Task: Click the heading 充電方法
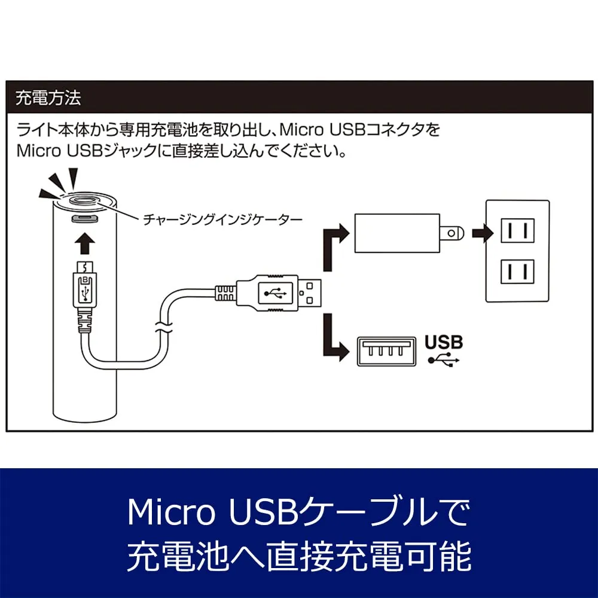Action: click(48, 98)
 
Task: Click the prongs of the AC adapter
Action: click(451, 233)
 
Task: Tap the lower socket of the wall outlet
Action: click(517, 272)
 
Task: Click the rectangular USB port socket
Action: click(386, 351)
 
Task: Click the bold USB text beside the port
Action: click(444, 342)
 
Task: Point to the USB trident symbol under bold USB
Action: click(444, 360)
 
